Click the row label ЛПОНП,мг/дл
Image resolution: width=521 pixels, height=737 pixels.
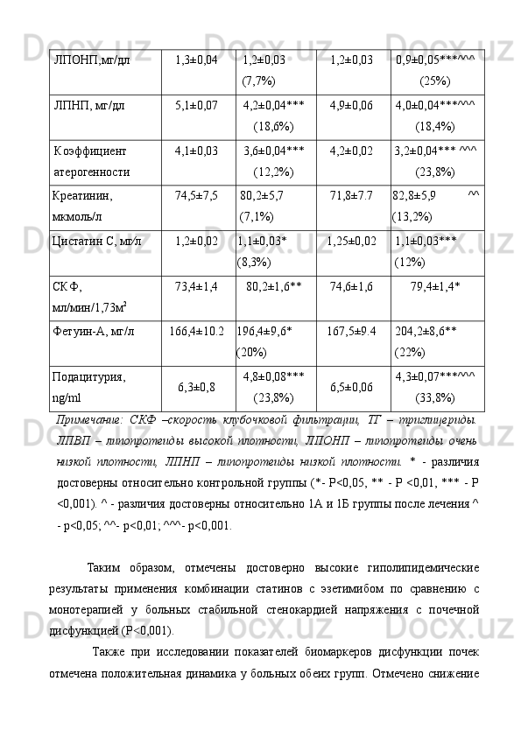coord(92,60)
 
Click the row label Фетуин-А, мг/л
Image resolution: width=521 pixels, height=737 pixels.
coord(93,332)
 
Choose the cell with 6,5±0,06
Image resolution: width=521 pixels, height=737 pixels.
coord(351,386)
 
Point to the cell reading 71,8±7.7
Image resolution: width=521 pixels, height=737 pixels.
coord(351,193)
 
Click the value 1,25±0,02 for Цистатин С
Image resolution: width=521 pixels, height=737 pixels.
coord(351,240)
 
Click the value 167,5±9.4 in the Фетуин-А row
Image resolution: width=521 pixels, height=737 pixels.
coord(351,332)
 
